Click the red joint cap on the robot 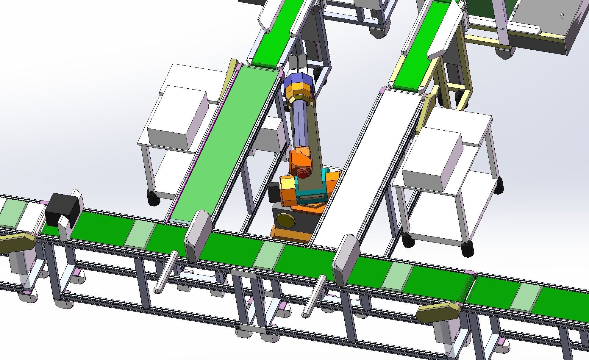point(303,174)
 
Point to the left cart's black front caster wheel point(153,198)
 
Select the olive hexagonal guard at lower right point(438,312)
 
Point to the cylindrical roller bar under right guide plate point(314,296)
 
